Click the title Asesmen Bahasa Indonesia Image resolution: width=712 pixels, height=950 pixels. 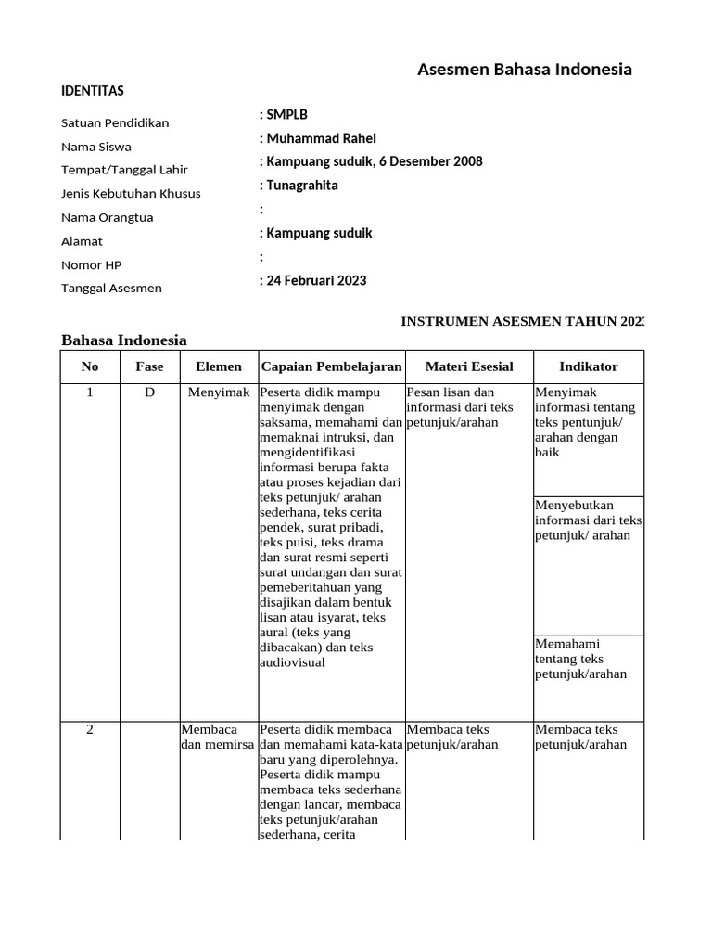(525, 70)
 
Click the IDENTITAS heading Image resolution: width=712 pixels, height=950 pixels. (92, 91)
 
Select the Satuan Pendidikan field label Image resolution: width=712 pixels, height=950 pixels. (115, 123)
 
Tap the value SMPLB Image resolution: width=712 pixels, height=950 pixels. (284, 114)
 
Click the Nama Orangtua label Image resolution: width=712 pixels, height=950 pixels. (107, 218)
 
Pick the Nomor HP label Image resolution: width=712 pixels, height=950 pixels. (91, 265)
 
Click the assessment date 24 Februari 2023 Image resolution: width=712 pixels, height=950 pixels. (313, 280)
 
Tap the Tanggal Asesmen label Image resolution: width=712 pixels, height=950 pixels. (111, 289)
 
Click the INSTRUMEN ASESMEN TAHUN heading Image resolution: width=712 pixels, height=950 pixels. (521, 321)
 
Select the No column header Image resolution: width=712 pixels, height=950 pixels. (90, 366)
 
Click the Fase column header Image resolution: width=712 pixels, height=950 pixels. (149, 366)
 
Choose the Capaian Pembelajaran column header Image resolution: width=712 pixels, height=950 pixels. (331, 366)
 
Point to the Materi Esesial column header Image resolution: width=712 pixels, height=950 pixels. (469, 366)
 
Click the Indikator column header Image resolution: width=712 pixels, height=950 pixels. (588, 366)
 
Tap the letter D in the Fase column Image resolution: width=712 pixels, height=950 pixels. (149, 392)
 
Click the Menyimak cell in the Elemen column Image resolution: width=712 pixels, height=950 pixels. (218, 392)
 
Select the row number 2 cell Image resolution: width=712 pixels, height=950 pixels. (90, 729)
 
